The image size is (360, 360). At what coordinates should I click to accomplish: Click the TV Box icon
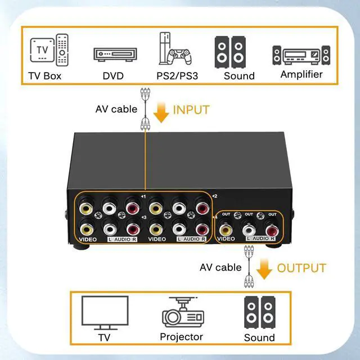coord(45,52)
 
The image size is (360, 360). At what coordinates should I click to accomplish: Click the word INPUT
coord(191,110)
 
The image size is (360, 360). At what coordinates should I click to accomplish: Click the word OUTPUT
coord(301,268)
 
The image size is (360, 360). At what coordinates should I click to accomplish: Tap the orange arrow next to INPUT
coord(161,112)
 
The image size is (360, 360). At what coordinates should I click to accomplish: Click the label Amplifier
coord(301,74)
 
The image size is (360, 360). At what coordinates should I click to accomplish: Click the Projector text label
coord(181,337)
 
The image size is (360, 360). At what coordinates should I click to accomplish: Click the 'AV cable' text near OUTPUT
coord(220,267)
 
